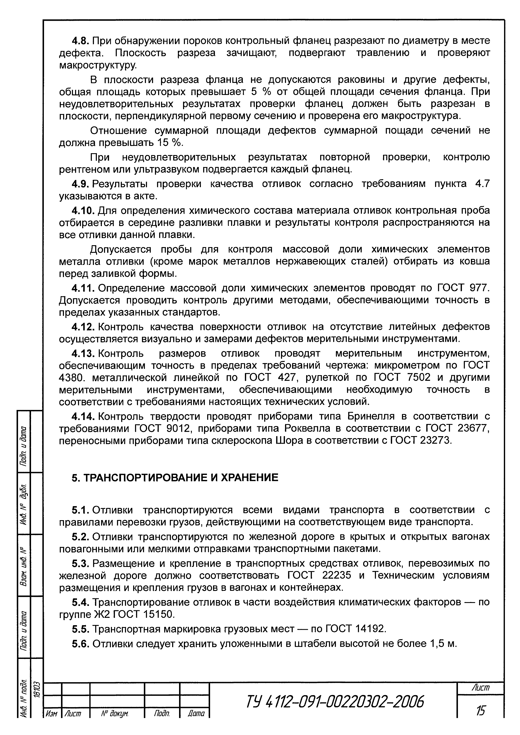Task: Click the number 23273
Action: point(435,441)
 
